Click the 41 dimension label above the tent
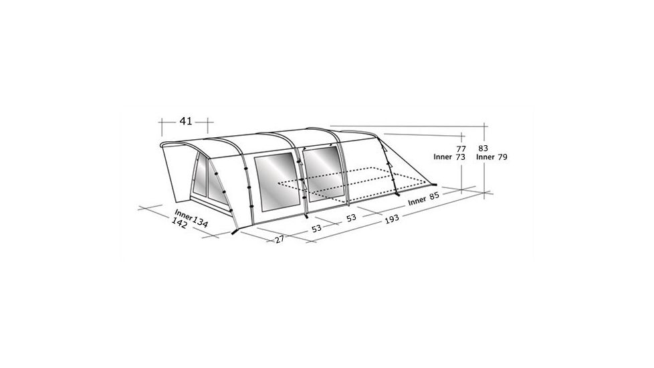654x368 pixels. [x=185, y=121]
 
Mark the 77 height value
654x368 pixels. [x=460, y=149]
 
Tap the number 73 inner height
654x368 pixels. [x=460, y=157]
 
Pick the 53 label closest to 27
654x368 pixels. [x=317, y=228]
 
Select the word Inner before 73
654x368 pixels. [x=443, y=157]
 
